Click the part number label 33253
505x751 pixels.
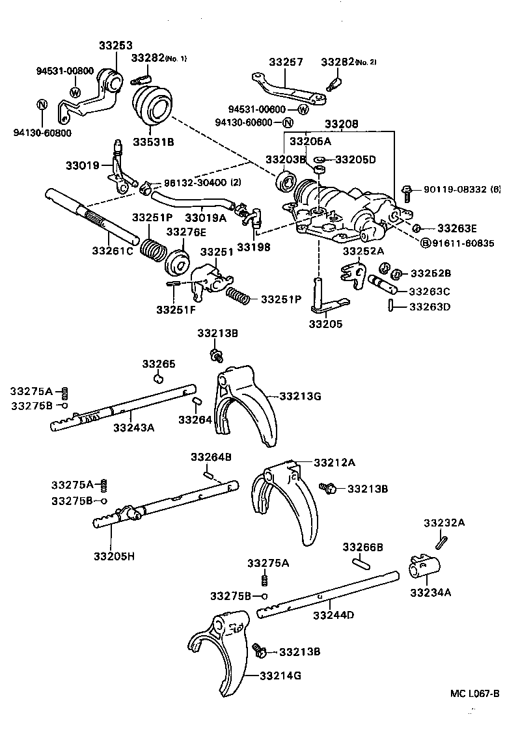[115, 46]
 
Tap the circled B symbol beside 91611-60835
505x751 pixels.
[426, 243]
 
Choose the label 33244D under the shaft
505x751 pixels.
[333, 615]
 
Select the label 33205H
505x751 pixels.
[114, 556]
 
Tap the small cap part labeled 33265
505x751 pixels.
[158, 378]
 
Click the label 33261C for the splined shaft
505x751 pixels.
[112, 251]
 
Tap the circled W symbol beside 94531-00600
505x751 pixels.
[303, 109]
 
